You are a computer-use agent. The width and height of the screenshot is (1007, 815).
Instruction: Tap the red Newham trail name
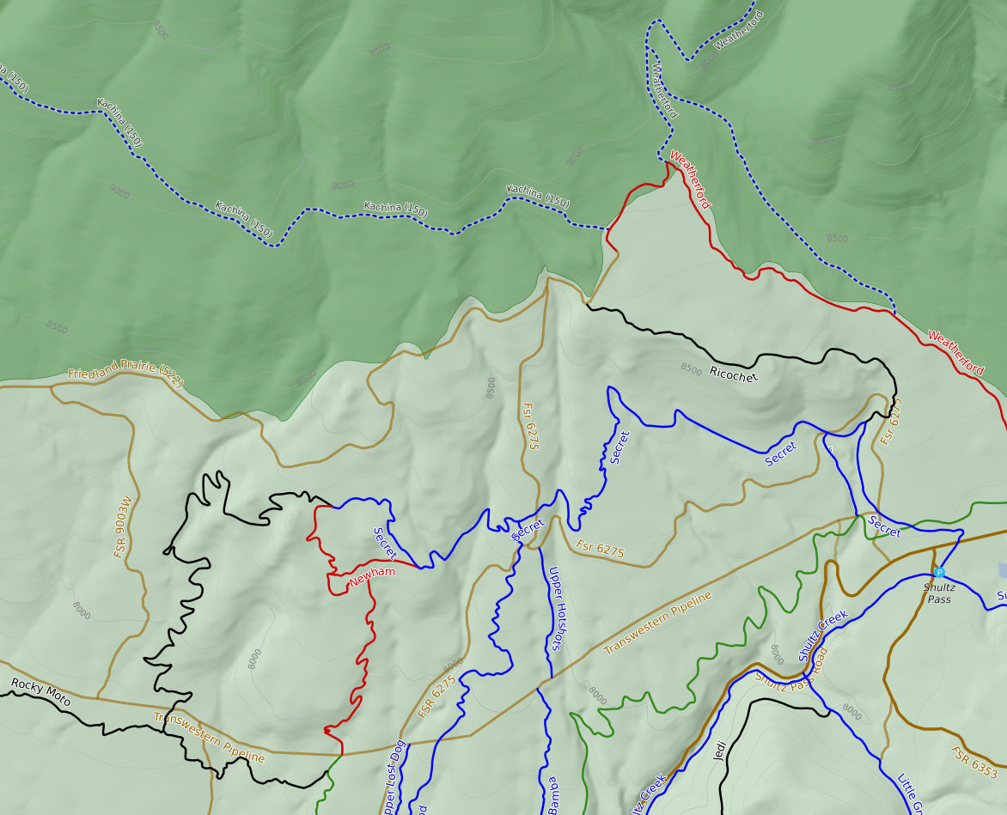[x=372, y=577]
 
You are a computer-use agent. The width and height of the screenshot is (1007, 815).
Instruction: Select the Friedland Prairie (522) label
[x=125, y=375]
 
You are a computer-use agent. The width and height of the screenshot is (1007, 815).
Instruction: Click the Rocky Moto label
[x=40, y=690]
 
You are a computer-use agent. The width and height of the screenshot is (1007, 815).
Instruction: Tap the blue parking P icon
[x=939, y=572]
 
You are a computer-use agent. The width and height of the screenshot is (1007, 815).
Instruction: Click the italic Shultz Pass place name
[x=938, y=593]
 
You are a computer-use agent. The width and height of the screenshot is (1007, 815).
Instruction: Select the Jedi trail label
[x=720, y=751]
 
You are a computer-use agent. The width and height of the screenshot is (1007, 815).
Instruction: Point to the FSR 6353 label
[x=973, y=763]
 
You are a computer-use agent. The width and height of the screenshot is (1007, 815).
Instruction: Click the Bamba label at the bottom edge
[x=552, y=794]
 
